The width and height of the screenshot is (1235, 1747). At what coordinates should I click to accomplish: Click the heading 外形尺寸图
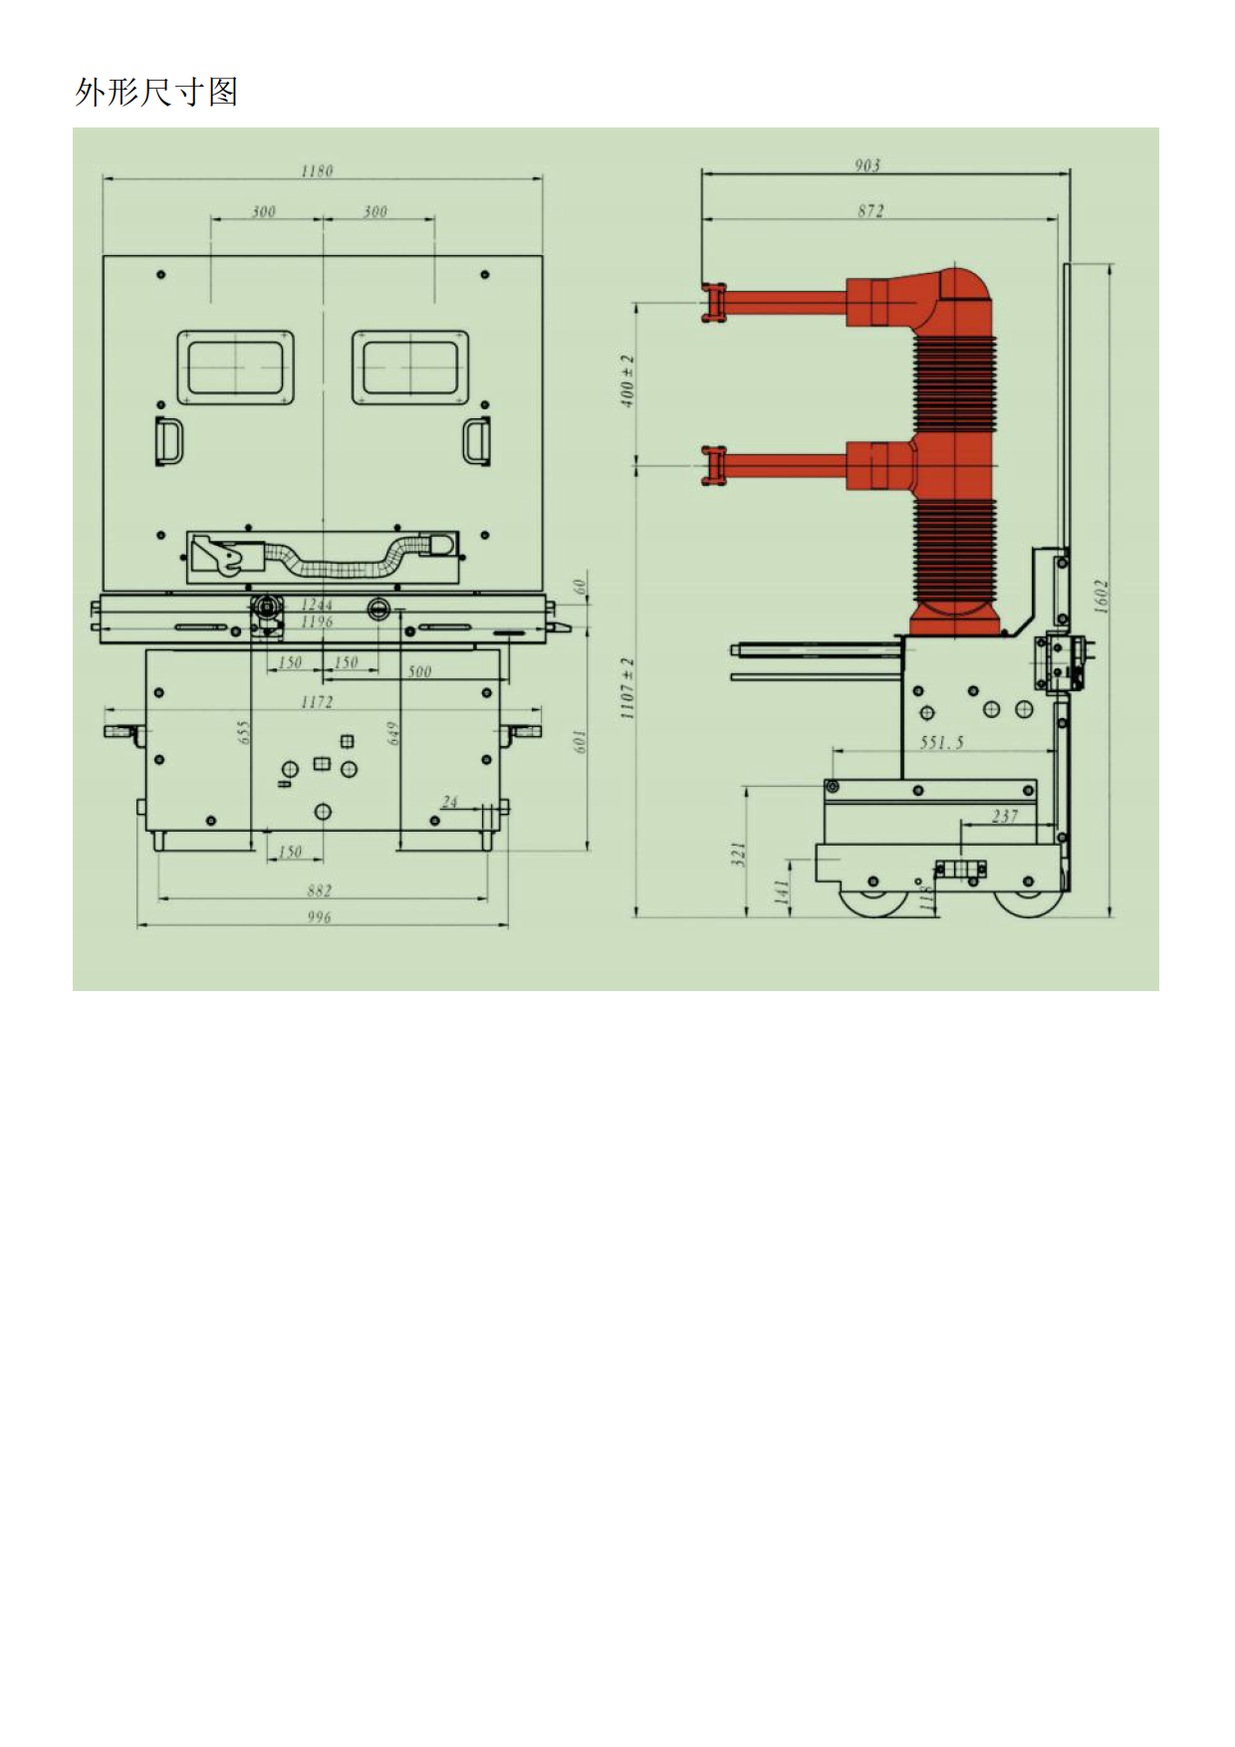(156, 92)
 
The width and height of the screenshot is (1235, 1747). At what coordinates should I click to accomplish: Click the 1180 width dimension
(317, 170)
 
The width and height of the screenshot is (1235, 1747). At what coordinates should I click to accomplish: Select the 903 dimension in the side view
(867, 165)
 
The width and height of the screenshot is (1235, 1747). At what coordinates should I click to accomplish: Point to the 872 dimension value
(870, 210)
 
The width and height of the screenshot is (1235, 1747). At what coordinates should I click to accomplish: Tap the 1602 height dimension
(1101, 596)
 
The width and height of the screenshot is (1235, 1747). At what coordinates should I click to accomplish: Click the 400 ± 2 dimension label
(627, 379)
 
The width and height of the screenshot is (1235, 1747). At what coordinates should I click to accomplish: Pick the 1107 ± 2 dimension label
(627, 688)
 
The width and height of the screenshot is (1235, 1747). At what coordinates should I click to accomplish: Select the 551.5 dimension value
(941, 742)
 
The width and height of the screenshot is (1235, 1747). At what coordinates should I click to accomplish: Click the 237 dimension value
(1005, 816)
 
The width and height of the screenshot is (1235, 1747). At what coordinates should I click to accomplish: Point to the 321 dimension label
(738, 855)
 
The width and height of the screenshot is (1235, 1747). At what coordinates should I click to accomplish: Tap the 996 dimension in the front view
(319, 916)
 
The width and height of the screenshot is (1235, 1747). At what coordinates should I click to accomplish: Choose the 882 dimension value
(319, 890)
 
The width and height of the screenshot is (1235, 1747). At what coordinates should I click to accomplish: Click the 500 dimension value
(419, 671)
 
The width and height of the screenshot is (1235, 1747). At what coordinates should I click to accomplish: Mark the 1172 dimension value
(317, 702)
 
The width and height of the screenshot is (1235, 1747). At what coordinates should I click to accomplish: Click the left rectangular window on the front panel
(236, 368)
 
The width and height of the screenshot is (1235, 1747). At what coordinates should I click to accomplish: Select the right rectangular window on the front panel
(409, 368)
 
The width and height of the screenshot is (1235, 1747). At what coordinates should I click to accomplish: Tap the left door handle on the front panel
(168, 441)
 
